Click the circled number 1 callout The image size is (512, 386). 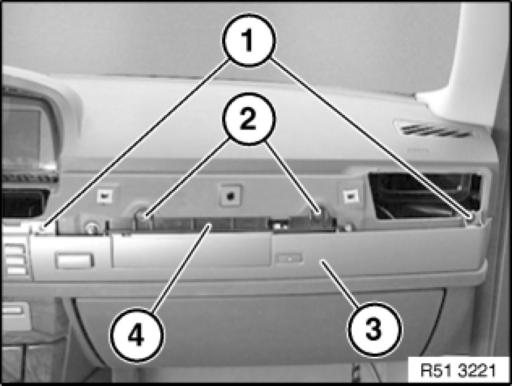tap(249, 40)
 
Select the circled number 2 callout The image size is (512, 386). tap(249, 119)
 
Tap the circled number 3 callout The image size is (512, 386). tap(374, 329)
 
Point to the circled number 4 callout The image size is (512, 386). tap(136, 335)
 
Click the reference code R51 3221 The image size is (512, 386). tap(458, 370)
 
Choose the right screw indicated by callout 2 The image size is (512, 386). tap(318, 213)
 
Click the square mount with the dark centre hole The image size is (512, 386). tap(231, 196)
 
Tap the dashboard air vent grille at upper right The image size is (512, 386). tap(434, 130)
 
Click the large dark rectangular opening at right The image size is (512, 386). tap(424, 196)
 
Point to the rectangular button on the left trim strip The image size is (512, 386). tap(74, 261)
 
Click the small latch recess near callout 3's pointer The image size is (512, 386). tap(289, 258)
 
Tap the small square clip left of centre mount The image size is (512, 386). tap(105, 196)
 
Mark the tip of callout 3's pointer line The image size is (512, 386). tap(321, 261)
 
